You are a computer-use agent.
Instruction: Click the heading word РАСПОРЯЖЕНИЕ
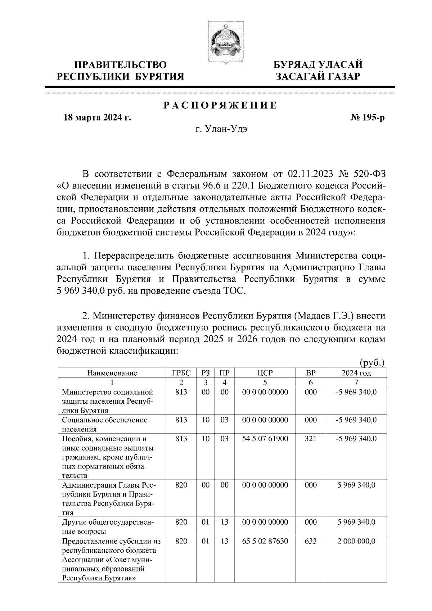pyautogui.click(x=220, y=105)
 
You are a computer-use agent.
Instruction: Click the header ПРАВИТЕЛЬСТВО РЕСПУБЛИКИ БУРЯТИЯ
pyautogui.click(x=121, y=71)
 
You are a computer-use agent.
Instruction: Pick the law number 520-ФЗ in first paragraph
pyautogui.click(x=370, y=175)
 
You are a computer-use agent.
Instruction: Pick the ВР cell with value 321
pyautogui.click(x=310, y=439)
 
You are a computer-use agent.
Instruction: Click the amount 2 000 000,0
pyautogui.click(x=356, y=541)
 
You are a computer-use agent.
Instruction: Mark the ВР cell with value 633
pyautogui.click(x=310, y=541)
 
